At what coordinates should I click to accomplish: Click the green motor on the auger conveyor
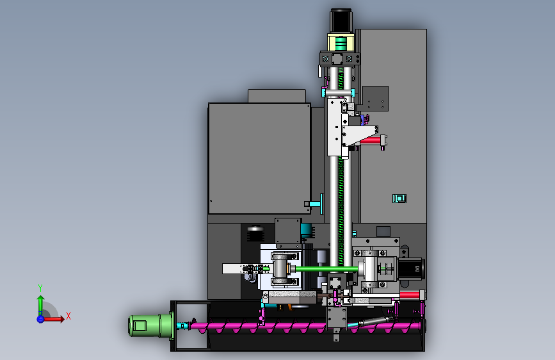[150, 325]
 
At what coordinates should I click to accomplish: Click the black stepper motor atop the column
[341, 21]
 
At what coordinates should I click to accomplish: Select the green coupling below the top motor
[341, 44]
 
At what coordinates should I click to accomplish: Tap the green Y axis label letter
[40, 288]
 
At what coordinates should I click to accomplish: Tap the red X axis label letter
[68, 316]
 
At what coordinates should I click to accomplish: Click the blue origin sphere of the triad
[41, 319]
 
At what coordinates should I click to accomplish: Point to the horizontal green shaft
[326, 269]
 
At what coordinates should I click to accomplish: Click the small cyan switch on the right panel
[399, 199]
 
